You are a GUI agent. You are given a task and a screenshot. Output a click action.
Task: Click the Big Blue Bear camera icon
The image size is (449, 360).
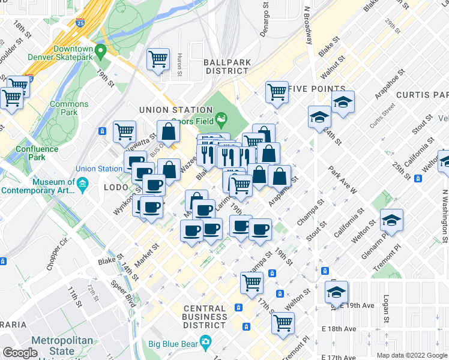pyautogui.click(x=205, y=344)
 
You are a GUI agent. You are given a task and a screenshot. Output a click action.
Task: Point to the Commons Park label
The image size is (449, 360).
pyautogui.click(x=69, y=108)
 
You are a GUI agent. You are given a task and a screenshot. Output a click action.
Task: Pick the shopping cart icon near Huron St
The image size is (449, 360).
pyautogui.click(x=158, y=59)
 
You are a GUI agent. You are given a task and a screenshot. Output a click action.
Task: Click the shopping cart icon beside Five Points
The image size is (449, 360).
pyautogui.click(x=276, y=92)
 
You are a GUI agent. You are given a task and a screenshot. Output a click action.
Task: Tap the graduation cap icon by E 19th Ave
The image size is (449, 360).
pyautogui.click(x=336, y=292)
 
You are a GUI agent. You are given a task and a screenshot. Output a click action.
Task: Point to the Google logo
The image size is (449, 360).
pyautogui.click(x=20, y=353)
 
